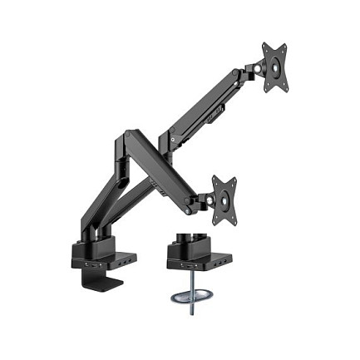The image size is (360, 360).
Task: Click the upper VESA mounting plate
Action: pyautogui.click(x=274, y=67)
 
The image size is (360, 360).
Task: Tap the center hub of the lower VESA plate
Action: pyautogui.click(x=223, y=199)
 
